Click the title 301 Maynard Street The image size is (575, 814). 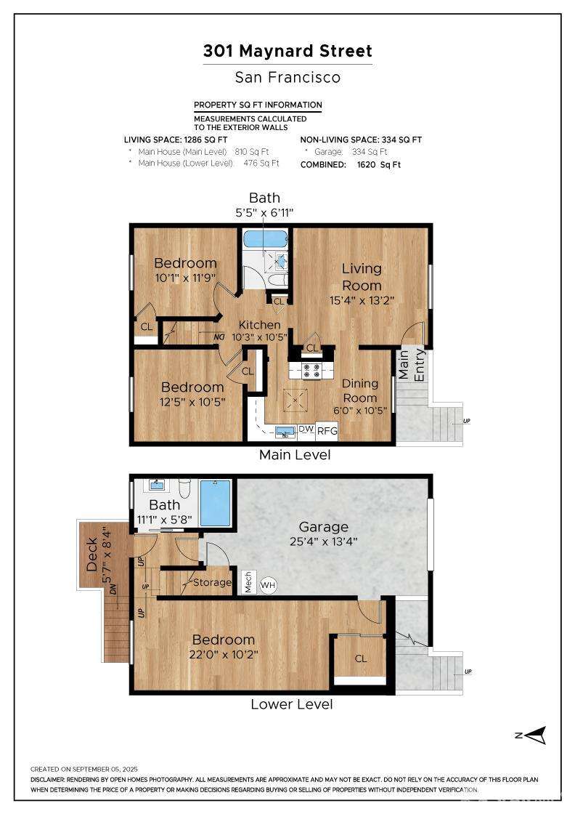point(287,51)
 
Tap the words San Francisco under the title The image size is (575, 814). point(287,77)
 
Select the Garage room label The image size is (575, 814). point(324,527)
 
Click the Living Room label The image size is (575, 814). point(362,277)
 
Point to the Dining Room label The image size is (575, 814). point(360,390)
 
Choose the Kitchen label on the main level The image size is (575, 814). point(259,324)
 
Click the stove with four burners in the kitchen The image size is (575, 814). point(313,370)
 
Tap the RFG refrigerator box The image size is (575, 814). point(327,430)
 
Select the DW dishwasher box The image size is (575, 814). point(306,430)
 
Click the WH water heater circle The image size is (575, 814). point(268,586)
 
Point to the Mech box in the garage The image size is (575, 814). point(248,582)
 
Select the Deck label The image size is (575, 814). point(91,555)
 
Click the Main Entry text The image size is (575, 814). point(411,365)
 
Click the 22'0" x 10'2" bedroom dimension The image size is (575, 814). point(224,654)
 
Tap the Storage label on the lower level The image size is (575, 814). point(212,582)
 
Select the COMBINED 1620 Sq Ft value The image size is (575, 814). point(379,164)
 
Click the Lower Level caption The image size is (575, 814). point(291,704)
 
